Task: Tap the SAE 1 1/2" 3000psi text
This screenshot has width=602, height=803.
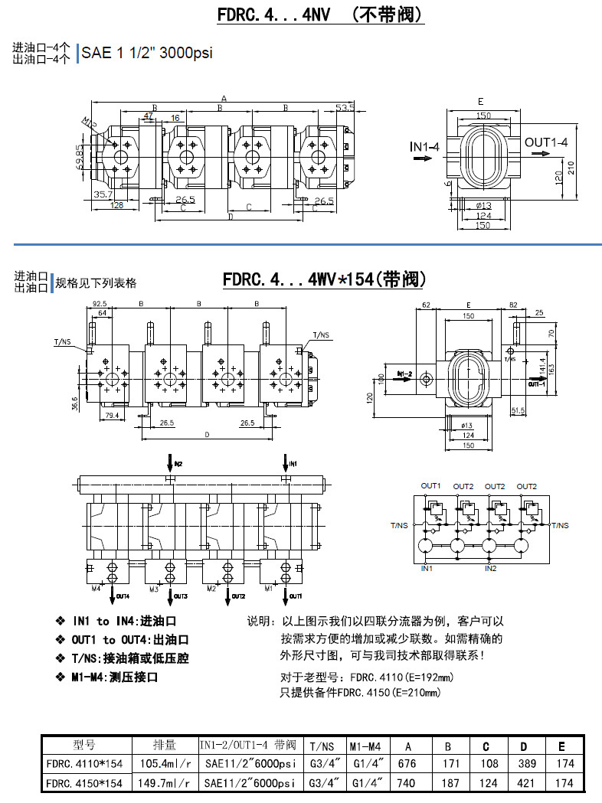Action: pos(147,54)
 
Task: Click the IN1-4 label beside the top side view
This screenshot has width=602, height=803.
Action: pos(424,146)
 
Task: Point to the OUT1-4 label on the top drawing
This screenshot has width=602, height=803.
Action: pos(545,142)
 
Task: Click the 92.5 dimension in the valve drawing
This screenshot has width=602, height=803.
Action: pos(99,304)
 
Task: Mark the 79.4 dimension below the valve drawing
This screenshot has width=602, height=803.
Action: pos(111,416)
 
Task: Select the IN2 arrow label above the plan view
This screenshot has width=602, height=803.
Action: pos(178,464)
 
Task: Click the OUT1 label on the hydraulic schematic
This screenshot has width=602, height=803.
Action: pos(430,486)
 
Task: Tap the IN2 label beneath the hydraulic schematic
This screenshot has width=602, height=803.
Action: pos(490,569)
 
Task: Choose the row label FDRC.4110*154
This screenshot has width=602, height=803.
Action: pos(84,763)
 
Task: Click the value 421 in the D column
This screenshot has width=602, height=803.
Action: pos(525,783)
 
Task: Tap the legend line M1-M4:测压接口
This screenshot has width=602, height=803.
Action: pos(115,677)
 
